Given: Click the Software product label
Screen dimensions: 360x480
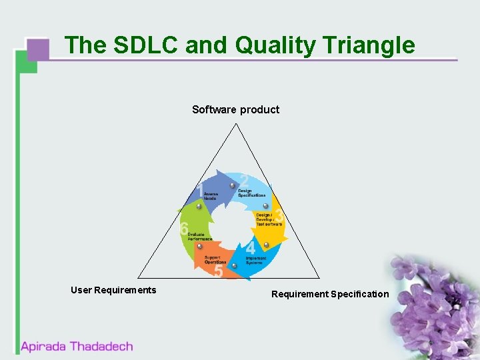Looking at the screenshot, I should tap(235, 109).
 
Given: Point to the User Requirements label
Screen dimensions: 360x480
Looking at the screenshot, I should tap(113, 290).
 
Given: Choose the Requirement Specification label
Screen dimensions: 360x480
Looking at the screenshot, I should tap(330, 294).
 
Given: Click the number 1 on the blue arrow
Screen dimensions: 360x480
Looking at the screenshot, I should tap(201, 191).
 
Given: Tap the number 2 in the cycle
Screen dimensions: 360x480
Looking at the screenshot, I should tap(245, 181).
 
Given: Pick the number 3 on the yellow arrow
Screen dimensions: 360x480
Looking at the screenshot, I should tap(279, 217).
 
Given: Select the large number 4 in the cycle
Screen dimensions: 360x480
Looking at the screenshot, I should tap(251, 249).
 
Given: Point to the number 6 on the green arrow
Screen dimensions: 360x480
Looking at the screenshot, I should tap(184, 229).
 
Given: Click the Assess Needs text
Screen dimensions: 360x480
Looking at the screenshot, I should tap(211, 197).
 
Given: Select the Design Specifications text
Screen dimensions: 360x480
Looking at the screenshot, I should tap(251, 193).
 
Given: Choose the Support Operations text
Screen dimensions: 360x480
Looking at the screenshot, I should tap(215, 260).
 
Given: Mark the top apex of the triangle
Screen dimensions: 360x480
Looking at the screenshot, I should tap(235, 124).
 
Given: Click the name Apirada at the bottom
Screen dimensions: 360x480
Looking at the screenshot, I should tap(44, 347).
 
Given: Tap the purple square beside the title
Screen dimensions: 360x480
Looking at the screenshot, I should tap(39, 49).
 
